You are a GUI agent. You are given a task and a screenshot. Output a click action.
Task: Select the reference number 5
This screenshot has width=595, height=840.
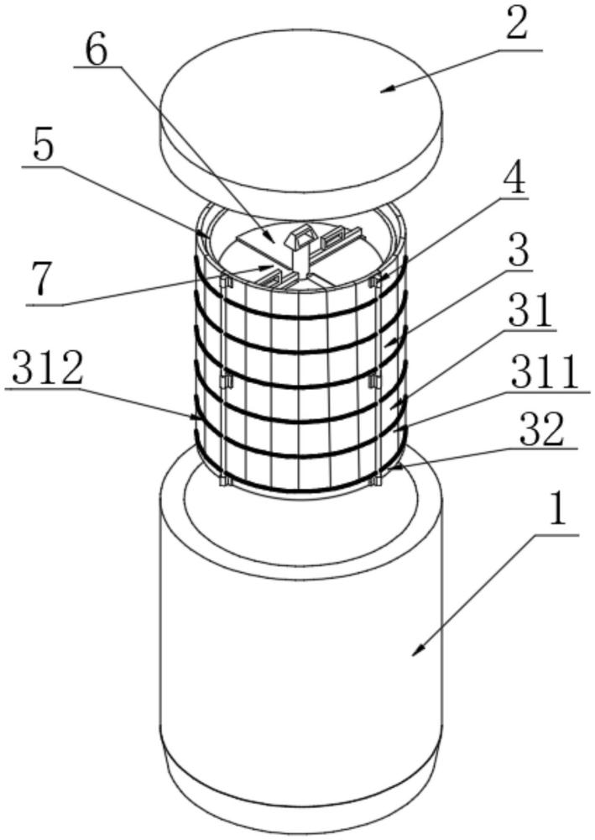tap(44, 145)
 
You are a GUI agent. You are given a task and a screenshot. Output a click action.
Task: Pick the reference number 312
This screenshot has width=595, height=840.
tap(48, 368)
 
